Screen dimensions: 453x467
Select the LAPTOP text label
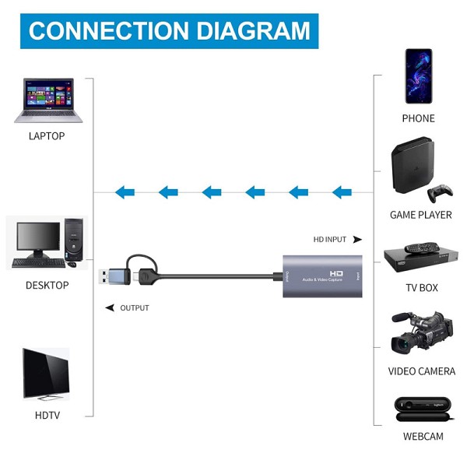pos(47,136)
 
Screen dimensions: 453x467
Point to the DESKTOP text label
pos(47,285)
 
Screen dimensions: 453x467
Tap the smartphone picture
pos(418,75)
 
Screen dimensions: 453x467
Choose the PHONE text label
pos(418,118)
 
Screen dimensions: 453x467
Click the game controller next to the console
pos(441,192)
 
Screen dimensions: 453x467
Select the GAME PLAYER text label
pos(420,215)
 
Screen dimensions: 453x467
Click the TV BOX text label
pos(421,288)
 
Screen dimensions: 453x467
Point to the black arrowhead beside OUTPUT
pos(109,308)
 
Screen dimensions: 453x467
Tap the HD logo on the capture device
pos(336,273)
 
